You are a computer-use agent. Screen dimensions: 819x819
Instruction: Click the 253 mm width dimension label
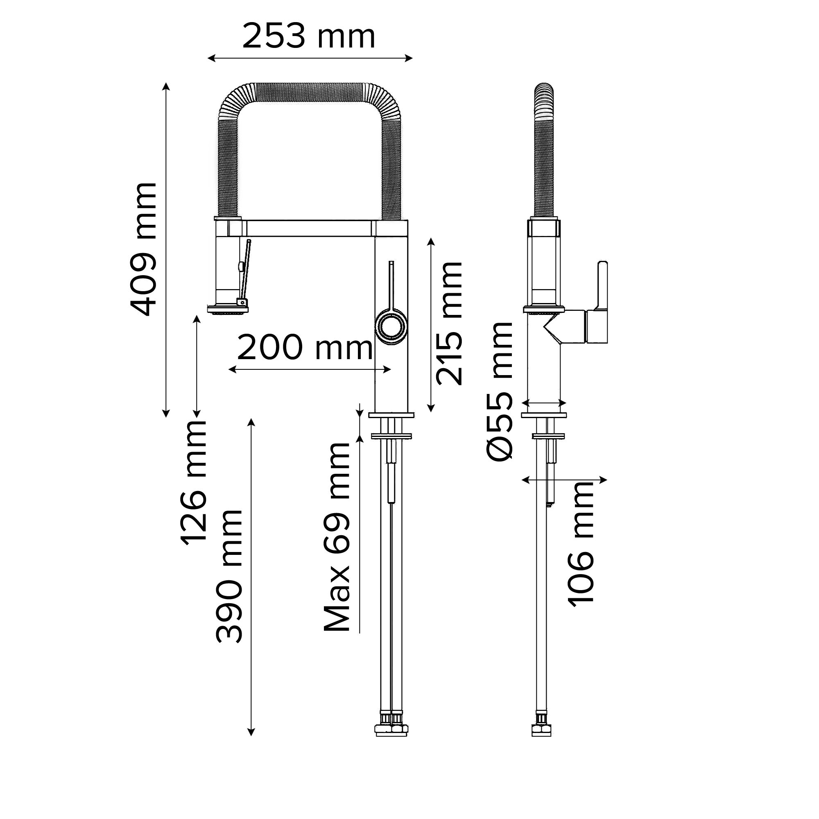click(x=309, y=37)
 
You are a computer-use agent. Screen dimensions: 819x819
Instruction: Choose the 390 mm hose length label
click(x=229, y=577)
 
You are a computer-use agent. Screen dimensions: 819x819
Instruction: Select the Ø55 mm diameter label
click(x=499, y=391)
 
